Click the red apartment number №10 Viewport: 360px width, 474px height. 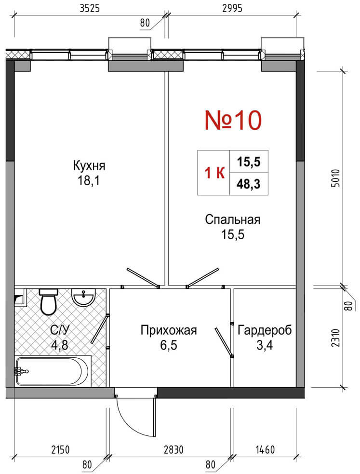[233, 120]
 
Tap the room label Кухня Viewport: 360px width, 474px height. [89, 166]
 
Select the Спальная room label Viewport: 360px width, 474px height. [233, 219]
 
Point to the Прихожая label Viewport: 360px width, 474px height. [169, 330]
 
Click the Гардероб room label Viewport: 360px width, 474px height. [265, 330]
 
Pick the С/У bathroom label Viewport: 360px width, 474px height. [60, 330]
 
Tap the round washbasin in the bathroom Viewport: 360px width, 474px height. [83, 297]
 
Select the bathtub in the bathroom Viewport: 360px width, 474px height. [53, 371]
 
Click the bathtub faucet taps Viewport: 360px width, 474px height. [21, 371]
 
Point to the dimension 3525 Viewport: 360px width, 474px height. [90, 8]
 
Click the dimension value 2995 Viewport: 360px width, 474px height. [232, 8]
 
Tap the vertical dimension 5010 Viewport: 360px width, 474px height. [335, 178]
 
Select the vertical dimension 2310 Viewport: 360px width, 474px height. [335, 338]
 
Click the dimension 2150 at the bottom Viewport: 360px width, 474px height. [60, 449]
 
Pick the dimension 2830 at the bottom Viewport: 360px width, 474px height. [173, 449]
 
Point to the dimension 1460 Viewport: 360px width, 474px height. [265, 449]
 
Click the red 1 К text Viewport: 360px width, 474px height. [214, 173]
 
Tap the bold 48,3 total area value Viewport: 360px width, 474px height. [249, 184]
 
